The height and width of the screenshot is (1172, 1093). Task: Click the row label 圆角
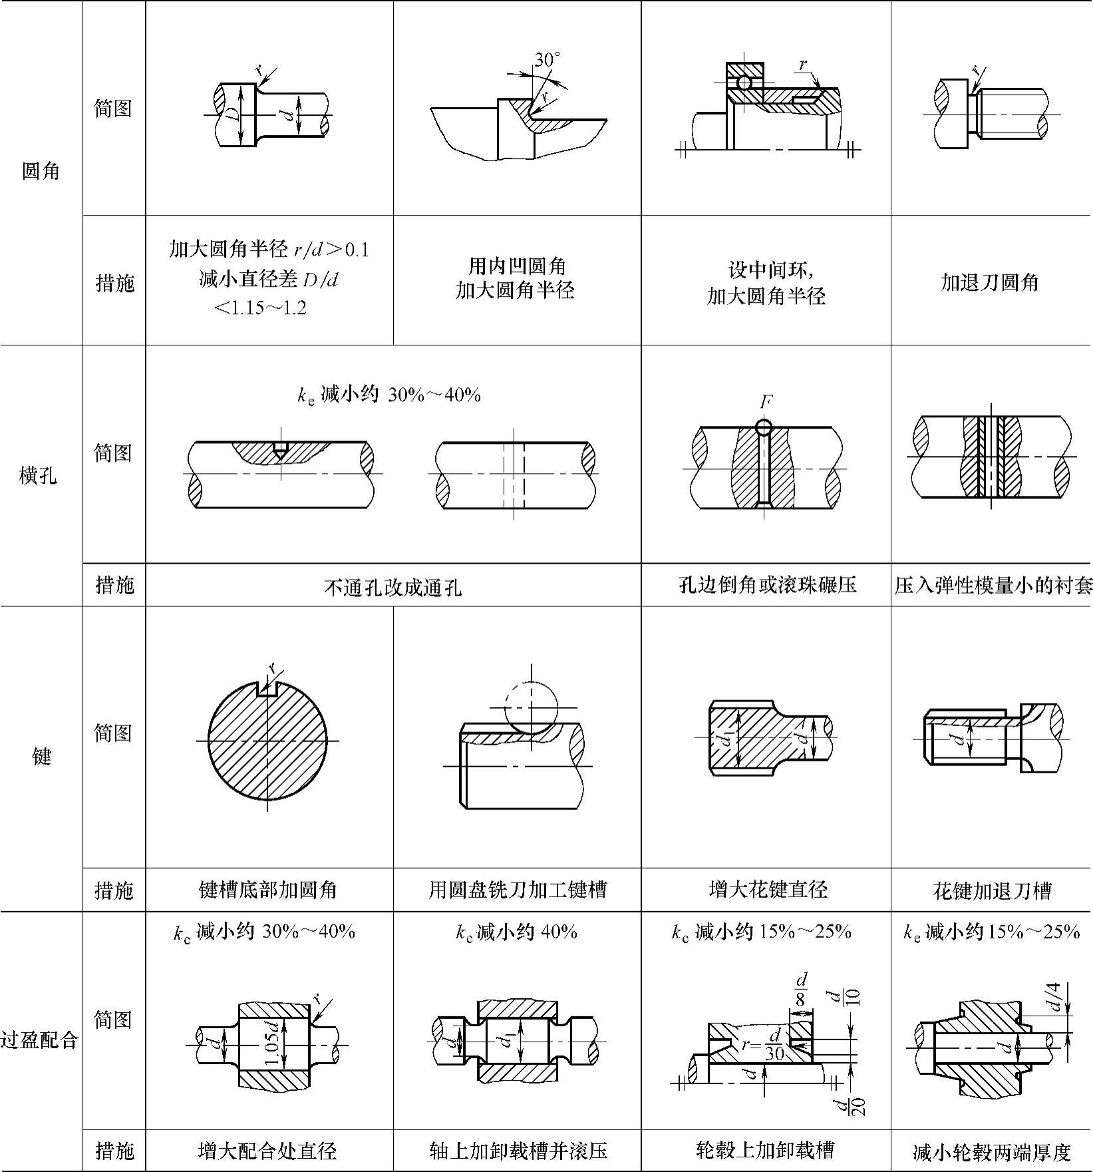point(41,171)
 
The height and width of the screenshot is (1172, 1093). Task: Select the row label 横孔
point(39,476)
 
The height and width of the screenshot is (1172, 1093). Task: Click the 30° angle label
point(547,60)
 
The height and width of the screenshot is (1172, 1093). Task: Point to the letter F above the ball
point(766,402)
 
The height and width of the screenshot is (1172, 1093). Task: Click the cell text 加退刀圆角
point(990,283)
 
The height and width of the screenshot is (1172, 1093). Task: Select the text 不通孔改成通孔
point(392,588)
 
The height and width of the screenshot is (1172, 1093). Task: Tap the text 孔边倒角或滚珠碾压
point(767,586)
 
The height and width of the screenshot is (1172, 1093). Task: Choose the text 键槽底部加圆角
point(268,890)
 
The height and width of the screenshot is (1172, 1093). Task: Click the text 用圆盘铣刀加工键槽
point(518,890)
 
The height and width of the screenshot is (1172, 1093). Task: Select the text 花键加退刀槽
point(992,890)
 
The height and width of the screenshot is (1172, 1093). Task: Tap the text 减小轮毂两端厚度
point(992,1152)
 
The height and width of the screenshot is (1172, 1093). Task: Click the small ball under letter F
point(764,425)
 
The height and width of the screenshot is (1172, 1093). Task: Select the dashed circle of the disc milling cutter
point(531,707)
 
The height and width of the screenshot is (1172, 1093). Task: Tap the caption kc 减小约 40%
point(516,932)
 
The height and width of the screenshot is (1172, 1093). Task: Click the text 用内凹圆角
point(517,266)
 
